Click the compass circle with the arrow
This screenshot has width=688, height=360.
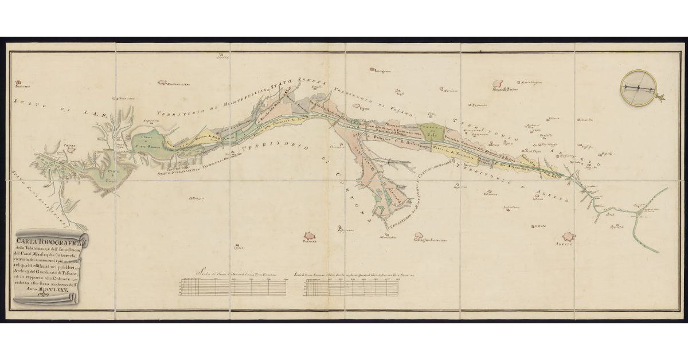(638, 88)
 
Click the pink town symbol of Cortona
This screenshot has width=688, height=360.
(311, 236)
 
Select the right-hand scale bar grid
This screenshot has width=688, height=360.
(353, 287)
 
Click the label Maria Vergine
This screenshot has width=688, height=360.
(531, 82)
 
